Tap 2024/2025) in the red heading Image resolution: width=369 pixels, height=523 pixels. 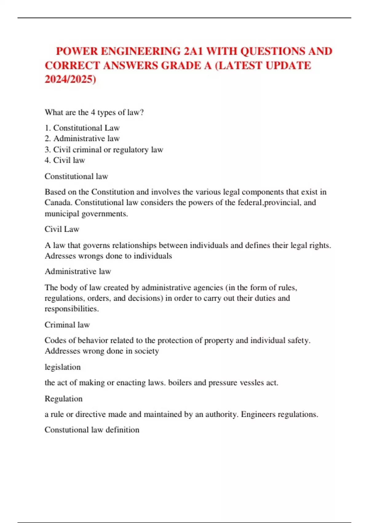point(70,79)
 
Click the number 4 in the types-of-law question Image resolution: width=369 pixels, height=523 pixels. point(93,112)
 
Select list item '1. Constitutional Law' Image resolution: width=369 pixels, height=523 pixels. point(82,128)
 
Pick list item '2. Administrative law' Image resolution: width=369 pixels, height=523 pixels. point(82,138)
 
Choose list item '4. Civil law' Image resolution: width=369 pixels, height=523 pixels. point(65,160)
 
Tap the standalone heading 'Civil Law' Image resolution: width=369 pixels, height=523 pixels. point(62,229)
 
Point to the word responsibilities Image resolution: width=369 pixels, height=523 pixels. point(72,309)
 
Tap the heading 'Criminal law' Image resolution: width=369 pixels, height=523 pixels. point(67,325)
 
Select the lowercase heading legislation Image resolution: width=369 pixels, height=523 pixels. point(63,367)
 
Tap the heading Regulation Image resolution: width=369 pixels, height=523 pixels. point(64,399)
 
